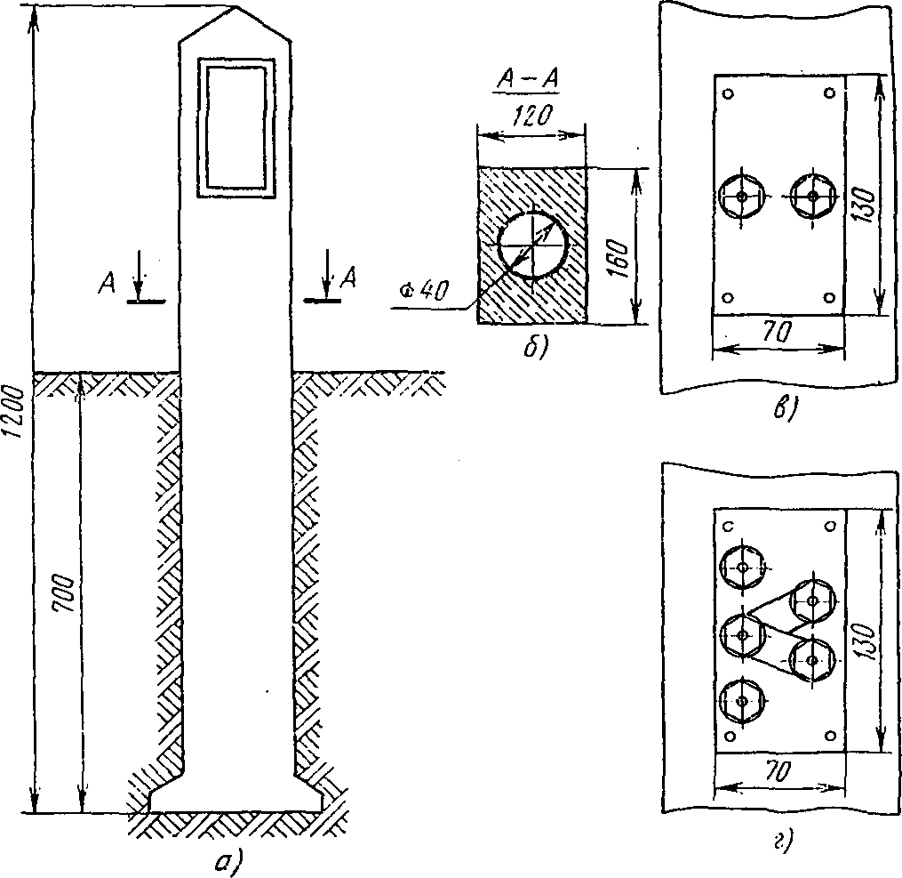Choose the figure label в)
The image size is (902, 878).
[x=786, y=409]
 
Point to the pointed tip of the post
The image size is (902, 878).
[x=236, y=11]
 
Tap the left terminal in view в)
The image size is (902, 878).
[x=741, y=196]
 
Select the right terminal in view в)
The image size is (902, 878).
[x=811, y=196]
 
